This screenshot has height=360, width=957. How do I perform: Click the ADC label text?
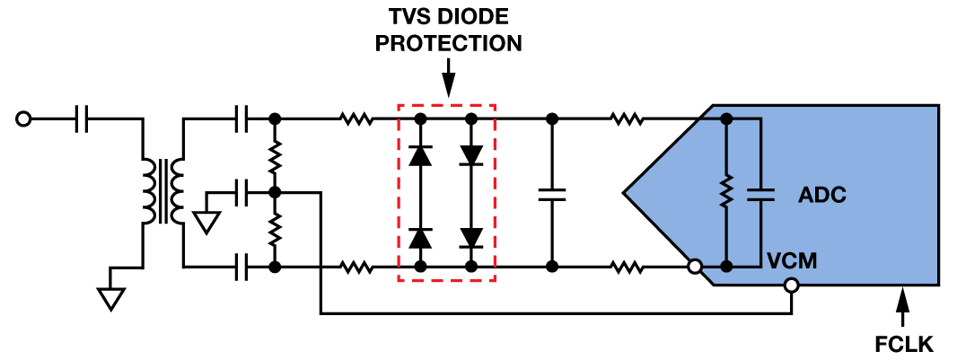(823, 195)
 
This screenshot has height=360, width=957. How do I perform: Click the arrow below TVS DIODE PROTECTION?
(449, 79)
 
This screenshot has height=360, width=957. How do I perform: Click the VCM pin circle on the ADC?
(791, 285)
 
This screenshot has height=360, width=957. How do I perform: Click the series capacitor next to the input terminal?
(83, 118)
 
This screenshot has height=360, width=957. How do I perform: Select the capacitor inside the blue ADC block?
(760, 192)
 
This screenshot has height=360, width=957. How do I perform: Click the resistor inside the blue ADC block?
(726, 192)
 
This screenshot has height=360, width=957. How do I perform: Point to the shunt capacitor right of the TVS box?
(552, 192)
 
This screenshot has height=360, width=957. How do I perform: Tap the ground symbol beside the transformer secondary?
(206, 221)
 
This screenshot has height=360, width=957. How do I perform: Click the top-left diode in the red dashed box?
(419, 155)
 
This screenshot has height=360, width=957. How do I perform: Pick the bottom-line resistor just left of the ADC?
(626, 267)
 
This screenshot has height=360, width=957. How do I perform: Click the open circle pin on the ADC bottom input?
(694, 267)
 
